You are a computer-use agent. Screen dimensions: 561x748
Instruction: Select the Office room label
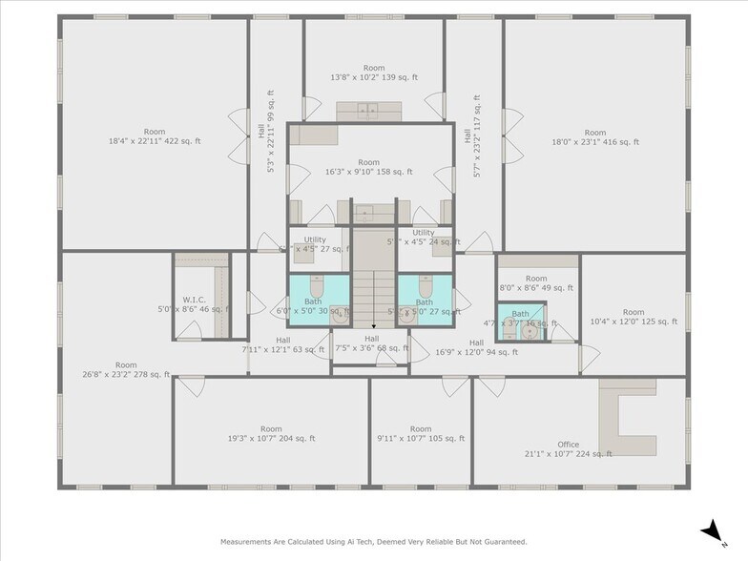pyautogui.click(x=569, y=444)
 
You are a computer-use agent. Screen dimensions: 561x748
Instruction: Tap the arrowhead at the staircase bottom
pyautogui.click(x=373, y=326)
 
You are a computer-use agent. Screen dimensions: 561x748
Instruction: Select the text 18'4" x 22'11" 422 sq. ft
pyautogui.click(x=155, y=142)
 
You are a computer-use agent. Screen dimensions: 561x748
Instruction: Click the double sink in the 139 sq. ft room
pyautogui.click(x=367, y=111)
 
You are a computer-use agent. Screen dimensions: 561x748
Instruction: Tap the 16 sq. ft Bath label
pyautogui.click(x=520, y=314)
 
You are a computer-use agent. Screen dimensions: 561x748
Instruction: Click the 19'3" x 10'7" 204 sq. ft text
pyautogui.click(x=271, y=439)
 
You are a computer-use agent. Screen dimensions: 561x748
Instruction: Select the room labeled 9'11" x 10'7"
pyautogui.click(x=421, y=439)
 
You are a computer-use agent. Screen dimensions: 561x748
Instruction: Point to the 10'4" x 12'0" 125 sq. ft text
pyautogui.click(x=633, y=322)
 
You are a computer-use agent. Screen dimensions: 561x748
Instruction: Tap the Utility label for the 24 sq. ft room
pyautogui.click(x=423, y=233)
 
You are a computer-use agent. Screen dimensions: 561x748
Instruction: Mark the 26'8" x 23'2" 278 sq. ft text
pyautogui.click(x=126, y=375)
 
